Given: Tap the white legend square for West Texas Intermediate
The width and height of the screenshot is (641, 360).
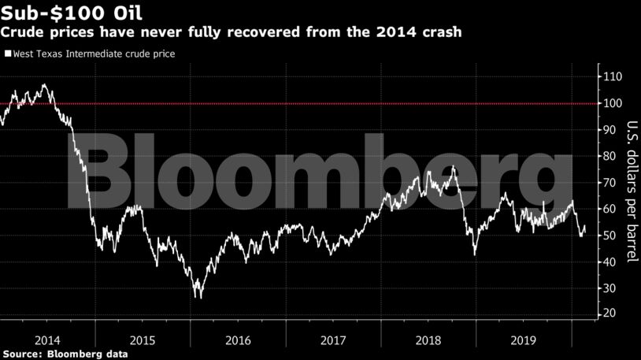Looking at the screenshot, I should point(7,54).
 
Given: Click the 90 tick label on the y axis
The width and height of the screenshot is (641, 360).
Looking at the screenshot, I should point(608,130).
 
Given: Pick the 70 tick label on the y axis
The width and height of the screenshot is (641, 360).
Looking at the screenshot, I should point(608,183).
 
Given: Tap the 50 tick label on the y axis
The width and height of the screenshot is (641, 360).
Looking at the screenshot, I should point(608,236).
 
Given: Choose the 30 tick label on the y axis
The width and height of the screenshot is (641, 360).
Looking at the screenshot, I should point(608,288).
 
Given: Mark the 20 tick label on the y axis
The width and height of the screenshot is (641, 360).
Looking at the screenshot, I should point(608,314).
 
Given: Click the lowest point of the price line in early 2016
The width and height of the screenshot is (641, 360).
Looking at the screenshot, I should point(200,297).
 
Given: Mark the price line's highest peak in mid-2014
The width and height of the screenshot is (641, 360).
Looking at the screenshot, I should point(44,84).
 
